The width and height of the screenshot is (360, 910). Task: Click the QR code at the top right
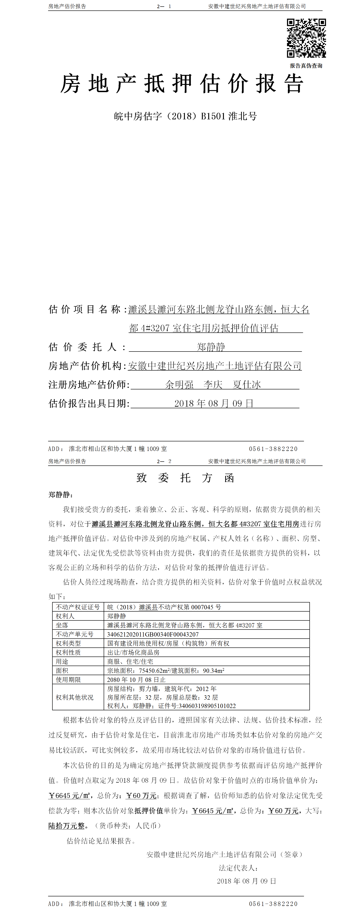click(306, 38)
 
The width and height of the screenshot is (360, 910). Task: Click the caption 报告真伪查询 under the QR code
click(306, 66)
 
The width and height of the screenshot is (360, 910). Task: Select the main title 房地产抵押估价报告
click(182, 84)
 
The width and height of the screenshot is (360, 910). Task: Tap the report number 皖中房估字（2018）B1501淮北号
click(185, 116)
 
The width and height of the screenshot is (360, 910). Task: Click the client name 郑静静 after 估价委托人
click(211, 347)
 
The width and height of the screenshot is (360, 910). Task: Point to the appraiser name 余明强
click(179, 385)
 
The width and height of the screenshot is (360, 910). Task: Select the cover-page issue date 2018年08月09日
click(214, 403)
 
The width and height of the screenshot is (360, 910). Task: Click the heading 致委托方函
click(185, 478)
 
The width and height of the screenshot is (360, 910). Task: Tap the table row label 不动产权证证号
click(78, 607)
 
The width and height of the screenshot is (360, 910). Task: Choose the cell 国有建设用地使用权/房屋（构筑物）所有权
click(168, 643)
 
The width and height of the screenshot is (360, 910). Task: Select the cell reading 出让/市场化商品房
click(134, 652)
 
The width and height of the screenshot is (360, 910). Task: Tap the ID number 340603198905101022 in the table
click(207, 706)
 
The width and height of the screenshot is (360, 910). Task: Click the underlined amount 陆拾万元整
click(67, 826)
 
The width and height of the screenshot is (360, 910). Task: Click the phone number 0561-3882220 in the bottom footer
click(273, 904)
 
